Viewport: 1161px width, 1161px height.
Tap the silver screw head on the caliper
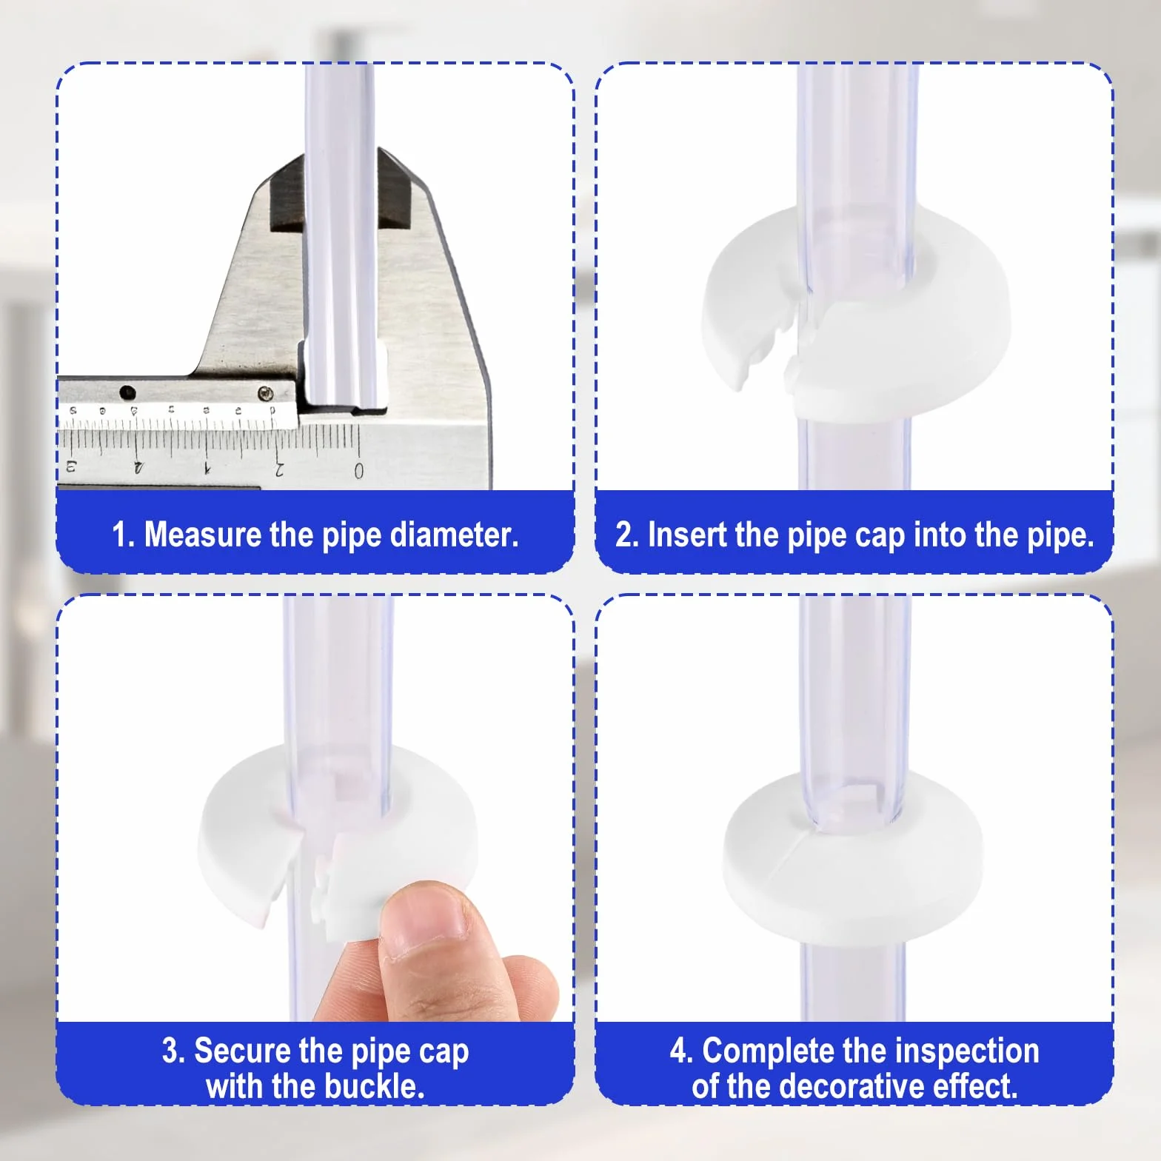265,393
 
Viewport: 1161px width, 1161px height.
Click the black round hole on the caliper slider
128,392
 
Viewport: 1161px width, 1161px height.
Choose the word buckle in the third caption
378,1086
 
